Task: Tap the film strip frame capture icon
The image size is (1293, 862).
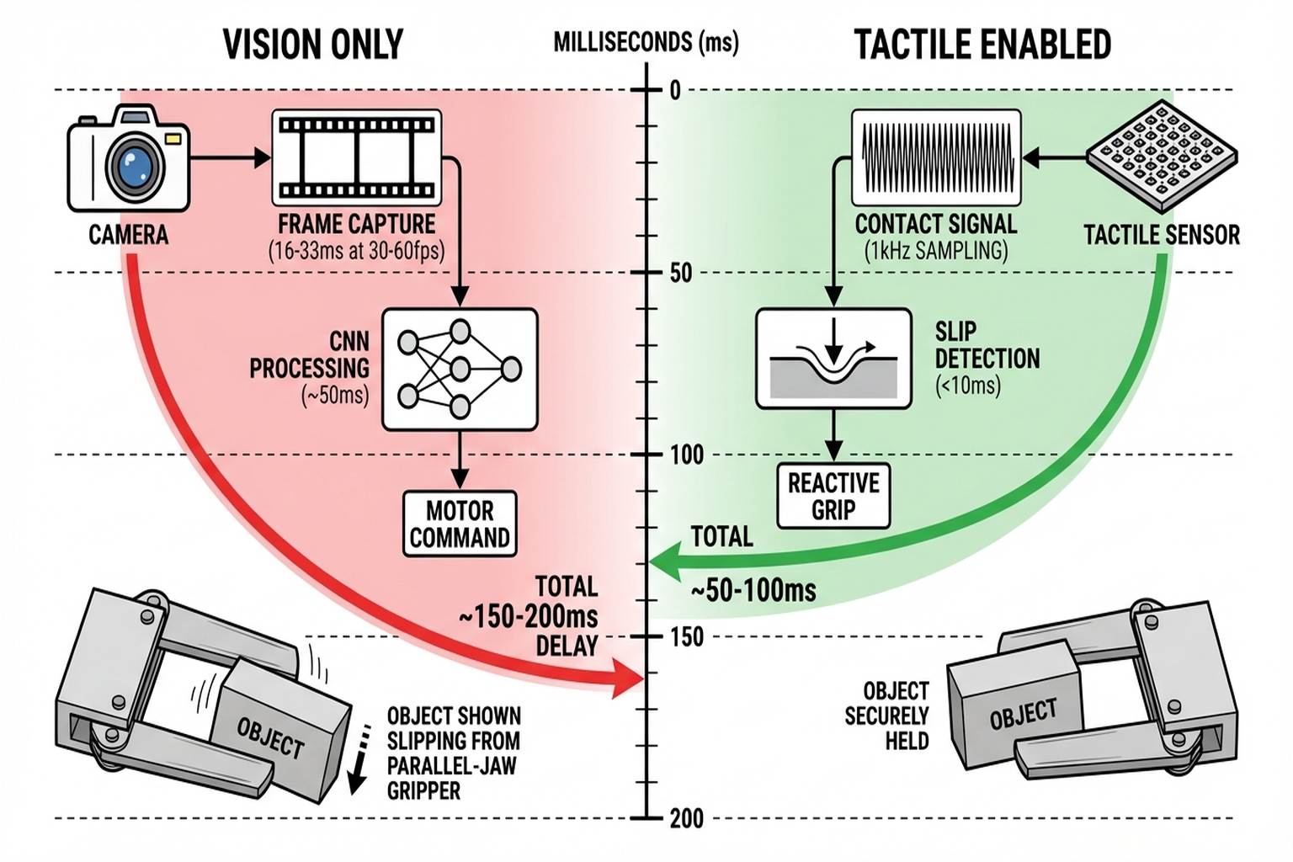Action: (357, 157)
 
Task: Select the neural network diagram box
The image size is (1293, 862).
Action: (460, 369)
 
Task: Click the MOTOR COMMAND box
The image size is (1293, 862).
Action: (460, 524)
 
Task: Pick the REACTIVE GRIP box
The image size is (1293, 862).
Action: (833, 496)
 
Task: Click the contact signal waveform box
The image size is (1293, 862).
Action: (936, 157)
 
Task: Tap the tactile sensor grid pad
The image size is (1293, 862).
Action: (1162, 156)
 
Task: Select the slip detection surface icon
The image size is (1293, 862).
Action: (833, 359)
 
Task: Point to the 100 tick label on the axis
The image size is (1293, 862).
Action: (686, 455)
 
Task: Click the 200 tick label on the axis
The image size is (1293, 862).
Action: (686, 818)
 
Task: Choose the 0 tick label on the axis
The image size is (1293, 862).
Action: (675, 91)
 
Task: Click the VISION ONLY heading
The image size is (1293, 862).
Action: (313, 45)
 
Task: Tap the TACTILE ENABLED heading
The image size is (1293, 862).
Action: (982, 45)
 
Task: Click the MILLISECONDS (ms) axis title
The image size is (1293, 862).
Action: (646, 42)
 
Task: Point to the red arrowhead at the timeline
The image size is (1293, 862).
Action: (627, 678)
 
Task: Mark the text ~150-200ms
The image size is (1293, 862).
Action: (529, 616)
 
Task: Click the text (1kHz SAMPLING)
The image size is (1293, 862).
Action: (936, 251)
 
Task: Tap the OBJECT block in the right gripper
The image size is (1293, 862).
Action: (1022, 714)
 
